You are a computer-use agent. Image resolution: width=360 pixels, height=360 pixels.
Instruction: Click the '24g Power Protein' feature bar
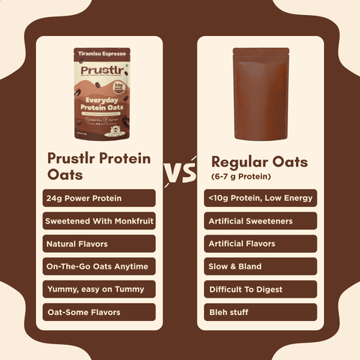coord(100,198)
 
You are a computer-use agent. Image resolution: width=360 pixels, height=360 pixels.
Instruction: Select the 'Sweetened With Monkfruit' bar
coord(100,221)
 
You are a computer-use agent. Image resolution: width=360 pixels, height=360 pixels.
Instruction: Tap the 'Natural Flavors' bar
coord(100,244)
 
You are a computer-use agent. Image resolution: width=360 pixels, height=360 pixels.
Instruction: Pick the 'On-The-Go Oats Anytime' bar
coord(100,266)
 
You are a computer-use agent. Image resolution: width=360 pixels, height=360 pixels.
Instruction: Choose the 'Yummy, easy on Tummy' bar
coord(100,289)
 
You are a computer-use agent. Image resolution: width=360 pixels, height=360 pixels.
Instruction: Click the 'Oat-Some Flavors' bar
coord(100,312)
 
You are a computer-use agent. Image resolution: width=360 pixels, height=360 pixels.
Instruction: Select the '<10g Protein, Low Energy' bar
coord(259,198)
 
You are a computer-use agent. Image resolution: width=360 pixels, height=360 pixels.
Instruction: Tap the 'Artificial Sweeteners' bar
coord(259,221)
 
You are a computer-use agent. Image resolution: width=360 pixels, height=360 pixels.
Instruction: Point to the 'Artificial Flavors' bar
coord(259,244)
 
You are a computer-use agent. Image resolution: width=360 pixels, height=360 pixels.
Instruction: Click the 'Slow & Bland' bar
coord(259,266)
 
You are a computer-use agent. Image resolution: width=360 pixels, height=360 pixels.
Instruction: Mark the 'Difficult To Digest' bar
coord(259,289)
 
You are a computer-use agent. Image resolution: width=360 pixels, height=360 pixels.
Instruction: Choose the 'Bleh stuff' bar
coord(259,312)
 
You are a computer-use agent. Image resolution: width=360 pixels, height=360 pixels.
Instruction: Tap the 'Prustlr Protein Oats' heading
coord(98,166)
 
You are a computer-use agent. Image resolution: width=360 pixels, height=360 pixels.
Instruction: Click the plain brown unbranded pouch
coord(260,93)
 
